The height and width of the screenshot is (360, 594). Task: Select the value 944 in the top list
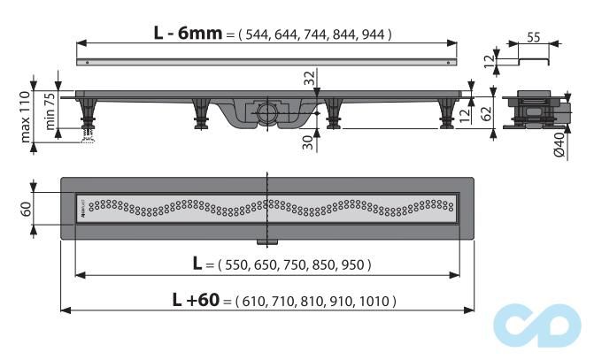pos(372,34)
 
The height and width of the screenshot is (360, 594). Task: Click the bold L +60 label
pos(196,300)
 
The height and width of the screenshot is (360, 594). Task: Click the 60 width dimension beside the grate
pos(27,209)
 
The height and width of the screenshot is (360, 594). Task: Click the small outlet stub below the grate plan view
pos(265,241)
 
